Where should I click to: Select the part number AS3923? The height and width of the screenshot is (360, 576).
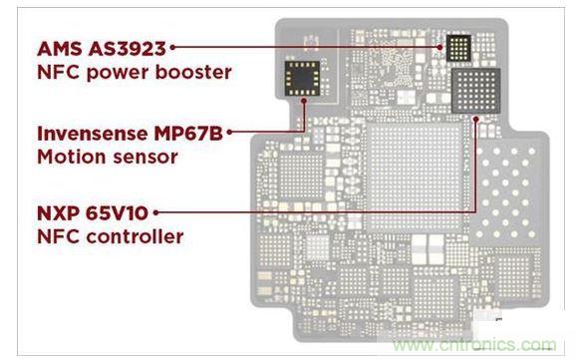point(128,49)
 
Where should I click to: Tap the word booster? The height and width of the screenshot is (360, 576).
point(193,72)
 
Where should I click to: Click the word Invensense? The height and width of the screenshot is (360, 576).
point(93,134)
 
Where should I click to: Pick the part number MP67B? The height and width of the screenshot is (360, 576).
point(188,134)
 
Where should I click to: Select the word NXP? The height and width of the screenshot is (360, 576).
point(59,213)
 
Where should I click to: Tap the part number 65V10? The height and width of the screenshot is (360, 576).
point(118,213)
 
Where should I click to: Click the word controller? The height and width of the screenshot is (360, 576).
point(135,236)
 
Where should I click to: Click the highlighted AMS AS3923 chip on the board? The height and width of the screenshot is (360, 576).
point(458,48)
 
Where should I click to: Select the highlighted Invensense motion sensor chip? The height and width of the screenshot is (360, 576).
point(302,79)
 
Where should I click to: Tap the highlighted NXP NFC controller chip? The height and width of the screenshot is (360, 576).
point(475,91)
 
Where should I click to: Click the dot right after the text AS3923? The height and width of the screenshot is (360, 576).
point(172,47)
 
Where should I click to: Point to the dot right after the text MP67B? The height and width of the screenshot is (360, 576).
point(229,132)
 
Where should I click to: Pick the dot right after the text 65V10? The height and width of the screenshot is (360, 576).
point(155,212)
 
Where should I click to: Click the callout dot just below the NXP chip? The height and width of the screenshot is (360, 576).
point(475,119)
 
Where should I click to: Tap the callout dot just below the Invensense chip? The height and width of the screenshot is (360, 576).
point(304,101)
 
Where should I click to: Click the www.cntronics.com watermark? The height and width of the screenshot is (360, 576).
point(474,345)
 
